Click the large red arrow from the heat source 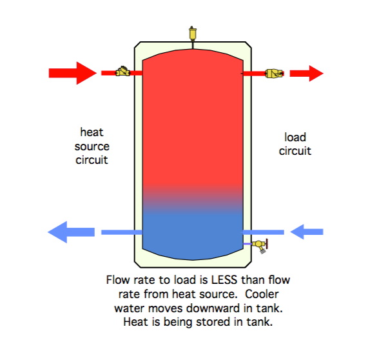pos(72,73)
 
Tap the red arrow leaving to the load pos(307,74)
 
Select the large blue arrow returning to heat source pos(72,232)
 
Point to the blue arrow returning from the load pos(307,232)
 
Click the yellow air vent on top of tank pos(193,34)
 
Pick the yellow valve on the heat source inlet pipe pos(122,72)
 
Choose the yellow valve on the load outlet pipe pos(274,74)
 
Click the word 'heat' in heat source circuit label pos(92,132)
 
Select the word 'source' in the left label pos(92,146)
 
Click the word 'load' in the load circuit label pos(295,137)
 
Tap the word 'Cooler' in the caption pos(262,294)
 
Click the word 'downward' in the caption pos(214,308)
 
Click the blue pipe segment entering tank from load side pos(264,232)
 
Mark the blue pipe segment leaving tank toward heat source pos(122,232)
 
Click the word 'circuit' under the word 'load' pos(295,151)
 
